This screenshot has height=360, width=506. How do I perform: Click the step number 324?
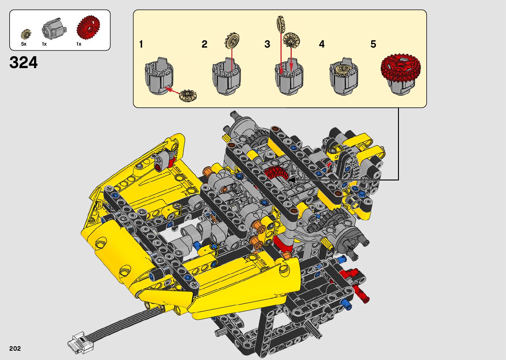(23, 62)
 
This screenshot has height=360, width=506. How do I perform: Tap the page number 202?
(15, 348)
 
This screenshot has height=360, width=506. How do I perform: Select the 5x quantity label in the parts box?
(24, 44)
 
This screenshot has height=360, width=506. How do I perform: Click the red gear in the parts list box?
(88, 28)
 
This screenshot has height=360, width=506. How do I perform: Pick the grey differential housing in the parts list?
(54, 28)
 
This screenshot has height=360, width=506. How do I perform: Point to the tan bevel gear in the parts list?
(26, 34)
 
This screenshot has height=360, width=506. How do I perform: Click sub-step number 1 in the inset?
(141, 44)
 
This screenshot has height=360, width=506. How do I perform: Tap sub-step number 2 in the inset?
(205, 44)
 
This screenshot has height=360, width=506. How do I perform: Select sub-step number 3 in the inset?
(267, 44)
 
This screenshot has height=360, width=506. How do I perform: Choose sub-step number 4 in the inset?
(322, 44)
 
